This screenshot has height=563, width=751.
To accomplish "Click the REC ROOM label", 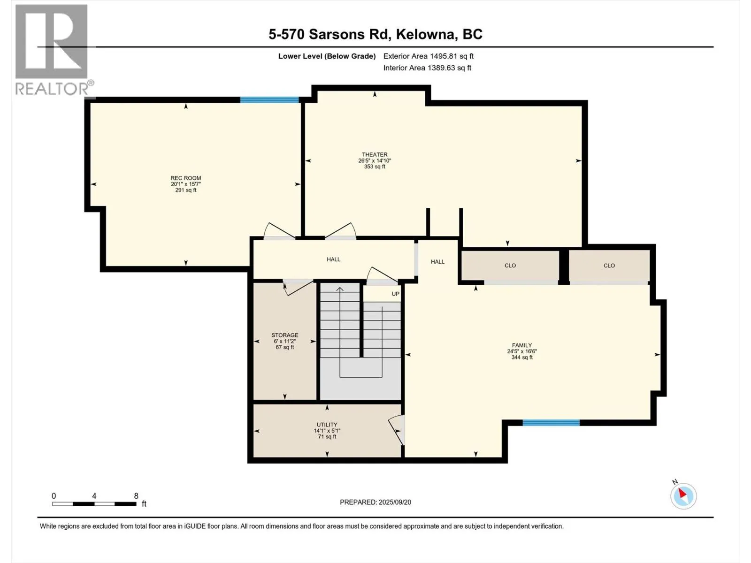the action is pyautogui.click(x=186, y=178).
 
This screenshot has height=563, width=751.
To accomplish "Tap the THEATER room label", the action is pyautogui.click(x=375, y=154).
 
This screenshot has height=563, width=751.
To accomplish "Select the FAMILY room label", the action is pyautogui.click(x=522, y=345).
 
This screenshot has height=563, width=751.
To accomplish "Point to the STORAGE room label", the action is pyautogui.click(x=284, y=335).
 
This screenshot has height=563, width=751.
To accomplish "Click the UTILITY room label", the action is pyautogui.click(x=327, y=425).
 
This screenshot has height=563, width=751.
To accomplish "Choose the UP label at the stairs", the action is pyautogui.click(x=395, y=294).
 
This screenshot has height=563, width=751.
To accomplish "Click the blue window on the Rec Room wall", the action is pyautogui.click(x=269, y=100).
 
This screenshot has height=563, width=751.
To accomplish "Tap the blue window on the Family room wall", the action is pyautogui.click(x=551, y=423).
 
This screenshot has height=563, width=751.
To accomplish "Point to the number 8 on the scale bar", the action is pyautogui.click(x=136, y=495).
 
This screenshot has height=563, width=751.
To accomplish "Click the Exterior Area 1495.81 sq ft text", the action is pyautogui.click(x=429, y=56).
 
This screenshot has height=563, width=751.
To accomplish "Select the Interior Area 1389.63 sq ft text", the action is pyautogui.click(x=427, y=68).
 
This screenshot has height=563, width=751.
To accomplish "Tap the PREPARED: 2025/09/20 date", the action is pyautogui.click(x=375, y=502).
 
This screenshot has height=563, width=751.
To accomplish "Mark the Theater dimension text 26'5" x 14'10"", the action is pyautogui.click(x=375, y=160).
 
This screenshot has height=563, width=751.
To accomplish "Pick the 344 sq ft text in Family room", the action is pyautogui.click(x=522, y=357).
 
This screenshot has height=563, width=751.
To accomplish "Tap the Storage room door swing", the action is pyautogui.click(x=298, y=287).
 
